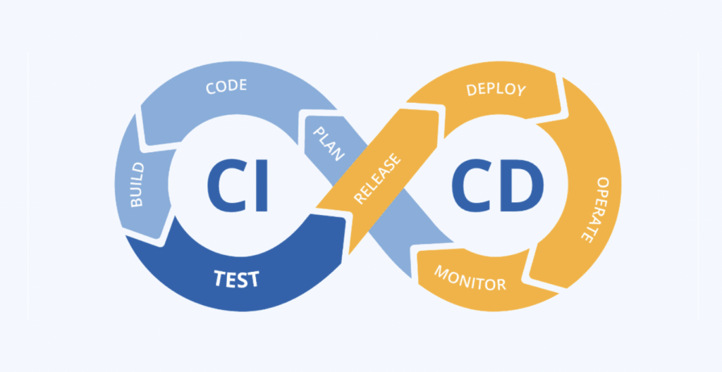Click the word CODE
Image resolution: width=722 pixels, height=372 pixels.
point(226,87)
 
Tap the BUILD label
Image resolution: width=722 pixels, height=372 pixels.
point(137,185)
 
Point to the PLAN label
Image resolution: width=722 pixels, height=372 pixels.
point(329,144)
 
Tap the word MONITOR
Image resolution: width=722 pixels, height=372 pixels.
point(470,279)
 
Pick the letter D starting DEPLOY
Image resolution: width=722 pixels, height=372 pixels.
point(472,90)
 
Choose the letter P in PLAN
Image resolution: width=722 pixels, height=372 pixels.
point(319,132)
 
